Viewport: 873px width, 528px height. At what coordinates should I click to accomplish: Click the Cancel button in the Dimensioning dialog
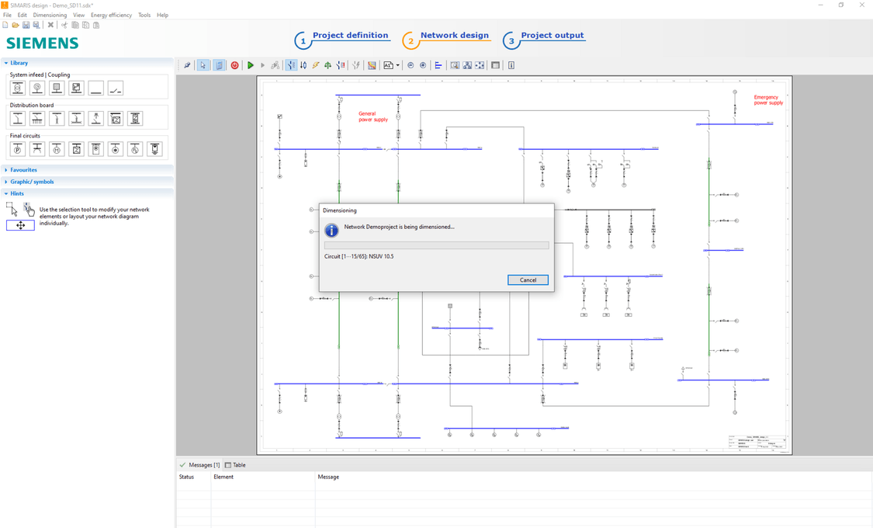point(528,280)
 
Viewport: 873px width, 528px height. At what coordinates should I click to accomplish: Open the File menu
point(7,15)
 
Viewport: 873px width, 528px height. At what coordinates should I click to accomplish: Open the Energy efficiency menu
point(111,15)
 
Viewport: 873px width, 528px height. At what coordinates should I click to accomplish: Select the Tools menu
point(144,15)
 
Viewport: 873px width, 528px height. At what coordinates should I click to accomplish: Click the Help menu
point(162,15)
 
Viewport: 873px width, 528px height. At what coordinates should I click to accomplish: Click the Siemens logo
point(43,43)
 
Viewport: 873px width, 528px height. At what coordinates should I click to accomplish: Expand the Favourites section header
point(23,170)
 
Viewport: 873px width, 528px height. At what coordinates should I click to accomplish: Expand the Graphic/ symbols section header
point(32,182)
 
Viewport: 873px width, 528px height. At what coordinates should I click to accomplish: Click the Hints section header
point(17,193)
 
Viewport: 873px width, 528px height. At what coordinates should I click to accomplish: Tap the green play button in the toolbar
point(251,65)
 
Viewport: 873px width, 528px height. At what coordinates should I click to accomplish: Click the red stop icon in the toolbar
point(235,65)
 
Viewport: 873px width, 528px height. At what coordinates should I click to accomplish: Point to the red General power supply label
point(372,116)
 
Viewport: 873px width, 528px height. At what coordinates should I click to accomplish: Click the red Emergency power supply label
point(768,100)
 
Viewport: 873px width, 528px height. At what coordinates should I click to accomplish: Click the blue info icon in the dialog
point(331,231)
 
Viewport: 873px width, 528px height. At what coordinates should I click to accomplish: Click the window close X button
point(861,5)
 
